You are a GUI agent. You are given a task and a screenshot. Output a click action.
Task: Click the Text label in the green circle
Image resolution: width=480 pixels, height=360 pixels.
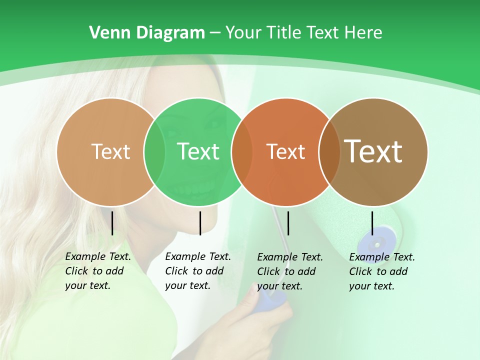coord(198,151)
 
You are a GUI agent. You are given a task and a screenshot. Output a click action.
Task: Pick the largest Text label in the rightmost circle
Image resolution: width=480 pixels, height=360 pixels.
coord(373,151)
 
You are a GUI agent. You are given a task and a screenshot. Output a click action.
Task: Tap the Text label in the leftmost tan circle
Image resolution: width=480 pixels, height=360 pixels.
coord(110,151)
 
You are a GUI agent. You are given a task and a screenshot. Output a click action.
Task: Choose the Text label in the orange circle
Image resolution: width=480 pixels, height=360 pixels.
coord(285,151)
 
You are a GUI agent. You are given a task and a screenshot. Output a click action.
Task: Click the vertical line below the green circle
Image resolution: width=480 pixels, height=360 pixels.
coord(200,223)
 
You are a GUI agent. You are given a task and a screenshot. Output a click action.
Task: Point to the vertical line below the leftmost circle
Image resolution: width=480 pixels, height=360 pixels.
coord(112,223)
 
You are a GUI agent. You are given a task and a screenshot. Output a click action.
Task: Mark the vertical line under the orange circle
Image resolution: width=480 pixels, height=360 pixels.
coord(288,223)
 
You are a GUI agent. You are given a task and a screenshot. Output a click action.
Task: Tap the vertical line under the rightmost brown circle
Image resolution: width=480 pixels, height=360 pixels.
coord(372,223)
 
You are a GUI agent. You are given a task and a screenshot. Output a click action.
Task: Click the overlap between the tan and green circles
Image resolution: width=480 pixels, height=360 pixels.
coord(154,151)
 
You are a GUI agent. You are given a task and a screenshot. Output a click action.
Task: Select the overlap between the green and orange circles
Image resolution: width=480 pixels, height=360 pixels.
coord(241,151)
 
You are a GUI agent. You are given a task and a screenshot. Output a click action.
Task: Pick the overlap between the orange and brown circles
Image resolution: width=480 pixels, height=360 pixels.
coord(329,151)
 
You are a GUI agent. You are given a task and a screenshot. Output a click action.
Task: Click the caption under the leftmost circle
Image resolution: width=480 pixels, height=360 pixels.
coord(98,271)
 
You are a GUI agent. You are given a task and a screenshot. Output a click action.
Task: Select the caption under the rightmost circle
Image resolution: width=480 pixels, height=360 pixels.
coord(382,271)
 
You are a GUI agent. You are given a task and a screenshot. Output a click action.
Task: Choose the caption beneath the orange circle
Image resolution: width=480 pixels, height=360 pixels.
coord(290,271)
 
